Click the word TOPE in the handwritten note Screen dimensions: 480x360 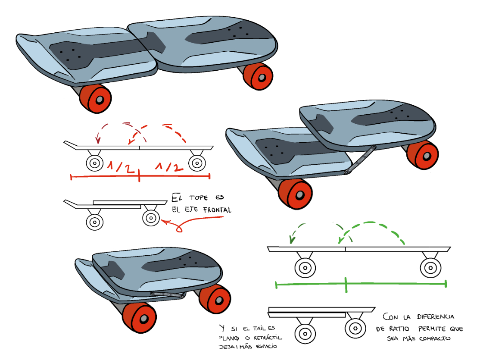(x=198, y=197)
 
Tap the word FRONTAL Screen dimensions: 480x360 (x=217, y=210)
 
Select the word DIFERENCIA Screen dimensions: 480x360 (x=435, y=316)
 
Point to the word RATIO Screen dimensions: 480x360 (x=399, y=329)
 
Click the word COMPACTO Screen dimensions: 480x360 (x=435, y=338)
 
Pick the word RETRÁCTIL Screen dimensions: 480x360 (x=268, y=338)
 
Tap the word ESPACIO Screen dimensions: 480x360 (x=266, y=347)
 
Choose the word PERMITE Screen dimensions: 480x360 (x=432, y=329)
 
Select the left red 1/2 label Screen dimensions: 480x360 (x=121, y=167)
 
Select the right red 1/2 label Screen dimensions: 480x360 (x=169, y=167)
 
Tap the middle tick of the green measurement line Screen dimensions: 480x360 (x=346, y=285)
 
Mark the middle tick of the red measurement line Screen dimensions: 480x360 (x=139, y=175)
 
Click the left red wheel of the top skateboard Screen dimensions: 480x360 (x=95, y=99)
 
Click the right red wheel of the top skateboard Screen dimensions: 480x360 (x=258, y=76)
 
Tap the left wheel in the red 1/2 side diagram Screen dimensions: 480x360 (x=95, y=163)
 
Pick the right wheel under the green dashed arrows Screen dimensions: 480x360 (x=430, y=268)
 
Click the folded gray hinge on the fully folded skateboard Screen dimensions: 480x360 (x=168, y=295)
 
